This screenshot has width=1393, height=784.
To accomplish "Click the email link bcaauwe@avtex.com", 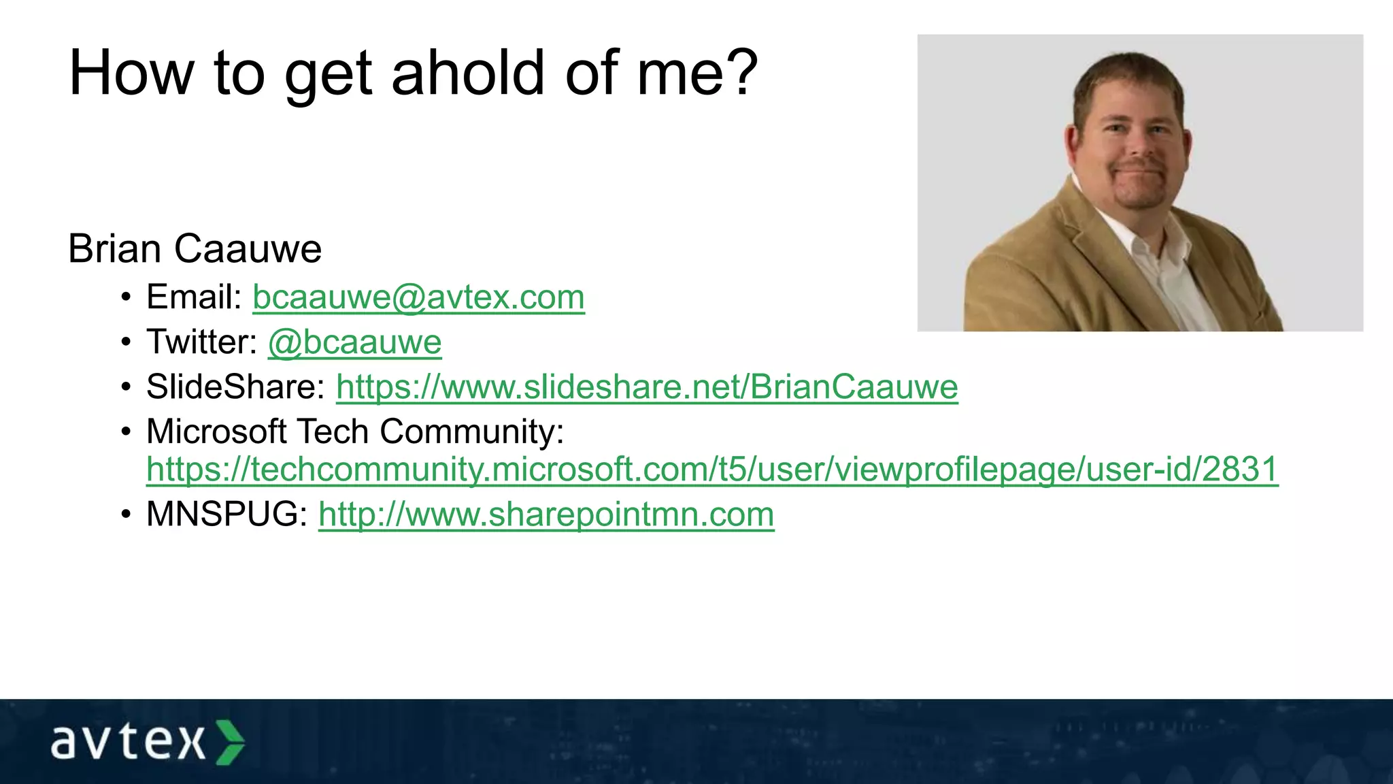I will pos(418,297).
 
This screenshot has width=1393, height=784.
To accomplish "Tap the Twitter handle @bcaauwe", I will pos(354,342).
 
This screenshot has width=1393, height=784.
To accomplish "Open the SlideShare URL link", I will pos(647,387).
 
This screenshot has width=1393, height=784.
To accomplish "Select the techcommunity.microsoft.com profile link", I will pos(712,470).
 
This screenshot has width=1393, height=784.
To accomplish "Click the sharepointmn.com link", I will pos(546,514).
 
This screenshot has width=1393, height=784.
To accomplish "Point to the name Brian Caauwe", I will pos(195,249).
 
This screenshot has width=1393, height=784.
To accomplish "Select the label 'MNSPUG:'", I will pos(227,514).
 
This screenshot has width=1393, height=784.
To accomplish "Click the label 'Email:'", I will pos(195,297).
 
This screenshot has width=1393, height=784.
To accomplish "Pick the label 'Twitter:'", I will pos(202,342).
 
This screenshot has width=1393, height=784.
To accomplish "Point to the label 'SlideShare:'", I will pos(235,387).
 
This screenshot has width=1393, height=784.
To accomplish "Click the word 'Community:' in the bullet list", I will pos(471,432).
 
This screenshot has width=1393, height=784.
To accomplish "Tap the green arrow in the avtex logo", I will pos(230,742).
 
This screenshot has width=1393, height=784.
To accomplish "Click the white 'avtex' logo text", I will pos(128,742).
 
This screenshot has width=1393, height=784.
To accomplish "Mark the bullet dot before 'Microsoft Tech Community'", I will pos(126,432).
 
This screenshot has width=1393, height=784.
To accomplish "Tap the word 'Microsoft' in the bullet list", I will pos(216,432).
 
